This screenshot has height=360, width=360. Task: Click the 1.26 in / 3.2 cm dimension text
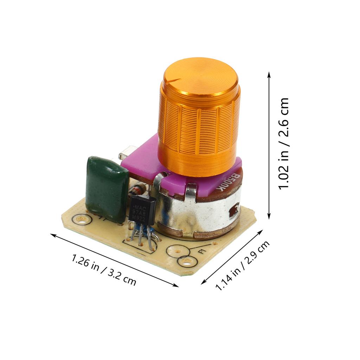[x=104, y=269]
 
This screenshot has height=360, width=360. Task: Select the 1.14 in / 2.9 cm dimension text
[x=243, y=265]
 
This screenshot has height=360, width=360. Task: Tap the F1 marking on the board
[x=202, y=252]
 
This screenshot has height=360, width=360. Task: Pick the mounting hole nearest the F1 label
[x=186, y=261]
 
